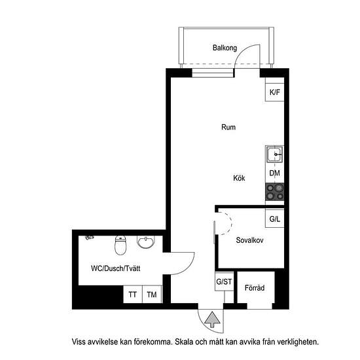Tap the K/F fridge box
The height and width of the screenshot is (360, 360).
point(274,92)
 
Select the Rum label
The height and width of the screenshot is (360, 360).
point(228,127)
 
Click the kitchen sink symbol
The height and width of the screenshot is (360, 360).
point(275,155)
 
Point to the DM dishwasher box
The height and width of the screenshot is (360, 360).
point(274,173)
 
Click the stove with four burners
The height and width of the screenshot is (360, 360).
point(275,191)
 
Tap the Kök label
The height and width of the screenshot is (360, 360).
point(239,178)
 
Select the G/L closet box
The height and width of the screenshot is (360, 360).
point(274,219)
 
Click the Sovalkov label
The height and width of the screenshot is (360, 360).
point(249,240)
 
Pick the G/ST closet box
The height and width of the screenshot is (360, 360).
point(224,282)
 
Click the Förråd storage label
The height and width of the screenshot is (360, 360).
point(254,287)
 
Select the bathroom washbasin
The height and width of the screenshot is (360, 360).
point(145,243)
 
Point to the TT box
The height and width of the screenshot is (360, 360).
point(133,295)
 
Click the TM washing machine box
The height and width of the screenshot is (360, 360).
point(152,295)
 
